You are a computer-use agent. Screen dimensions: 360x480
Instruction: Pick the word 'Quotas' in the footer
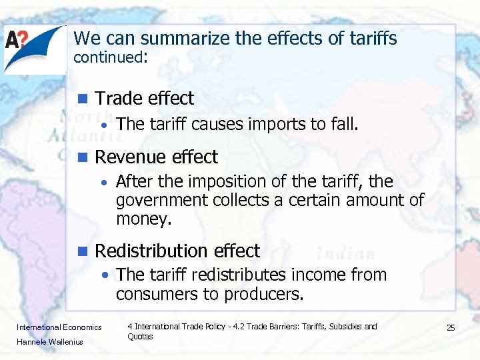point(140,337)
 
